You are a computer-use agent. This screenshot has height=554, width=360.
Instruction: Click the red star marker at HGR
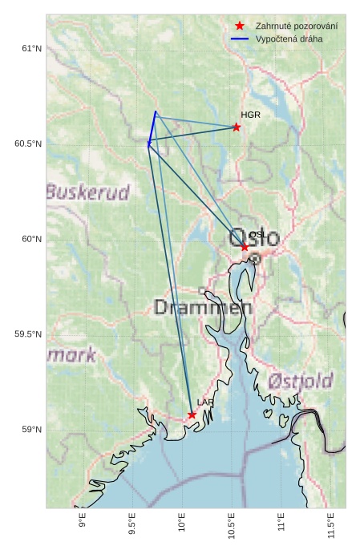pos(237,127)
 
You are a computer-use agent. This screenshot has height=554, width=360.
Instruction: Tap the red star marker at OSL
pos(245,247)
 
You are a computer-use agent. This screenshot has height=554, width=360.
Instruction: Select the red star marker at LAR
pos(192,414)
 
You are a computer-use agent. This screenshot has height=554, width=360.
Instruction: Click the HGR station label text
pos(251,115)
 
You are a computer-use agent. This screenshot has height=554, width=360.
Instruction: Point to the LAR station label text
pos(205,402)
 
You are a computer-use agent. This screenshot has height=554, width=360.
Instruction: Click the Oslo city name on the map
pos(254,237)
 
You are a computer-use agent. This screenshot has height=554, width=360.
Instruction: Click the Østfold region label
pos(301,381)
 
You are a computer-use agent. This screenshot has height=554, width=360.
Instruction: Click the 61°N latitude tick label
pos(30,49)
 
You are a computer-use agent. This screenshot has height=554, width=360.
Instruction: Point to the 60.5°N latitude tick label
pos(28,144)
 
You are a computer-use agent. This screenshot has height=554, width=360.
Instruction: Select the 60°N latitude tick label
pos(30,239)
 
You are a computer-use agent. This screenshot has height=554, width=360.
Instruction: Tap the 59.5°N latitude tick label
pos(28,334)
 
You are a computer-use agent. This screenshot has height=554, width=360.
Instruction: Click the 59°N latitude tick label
pos(30,430)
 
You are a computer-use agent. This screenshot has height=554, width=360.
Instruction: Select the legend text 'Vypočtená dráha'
pos(288,38)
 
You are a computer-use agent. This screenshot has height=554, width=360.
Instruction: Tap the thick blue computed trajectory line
pos(152,127)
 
